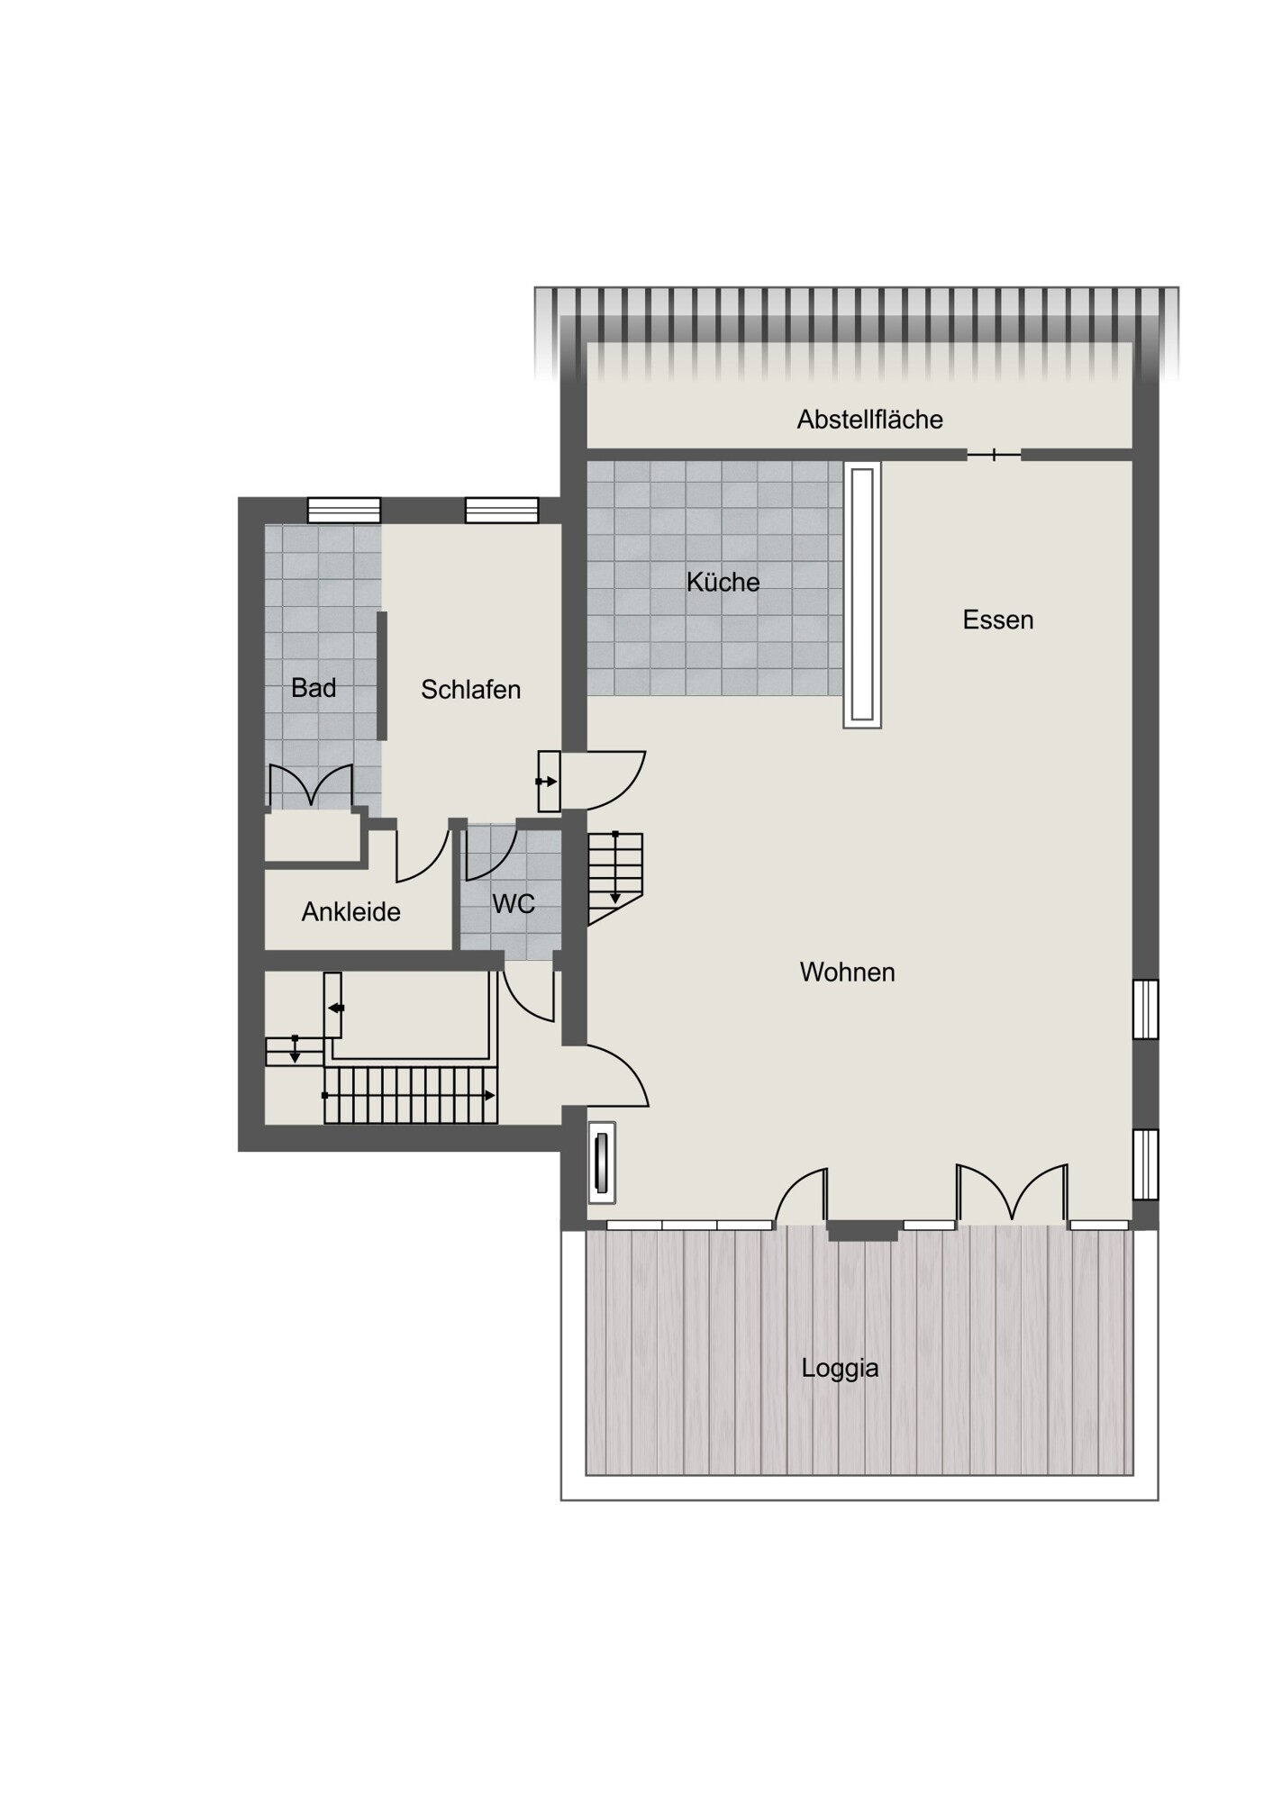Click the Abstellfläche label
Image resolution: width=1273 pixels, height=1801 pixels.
pos(869,420)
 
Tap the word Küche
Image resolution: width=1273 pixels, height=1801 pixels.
pos(723,582)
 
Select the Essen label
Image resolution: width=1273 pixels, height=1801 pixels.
pos(997,620)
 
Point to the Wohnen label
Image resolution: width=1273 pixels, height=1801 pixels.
pos(847,972)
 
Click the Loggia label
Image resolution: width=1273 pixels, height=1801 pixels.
pos(840,1369)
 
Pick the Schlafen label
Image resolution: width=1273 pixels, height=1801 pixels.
pos(470,690)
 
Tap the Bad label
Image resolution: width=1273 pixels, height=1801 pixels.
pos(314,688)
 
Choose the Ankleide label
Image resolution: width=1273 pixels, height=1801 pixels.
pos(350,912)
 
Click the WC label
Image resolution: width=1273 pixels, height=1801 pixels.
pos(514,903)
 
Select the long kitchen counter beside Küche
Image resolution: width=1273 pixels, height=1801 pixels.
pos(862,595)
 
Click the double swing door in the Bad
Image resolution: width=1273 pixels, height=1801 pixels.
pos(311,785)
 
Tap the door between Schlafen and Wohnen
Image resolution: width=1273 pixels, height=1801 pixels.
pos(602,780)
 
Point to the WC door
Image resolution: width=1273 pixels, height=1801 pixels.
pos(490,852)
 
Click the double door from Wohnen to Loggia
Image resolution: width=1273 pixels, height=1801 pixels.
pos(1012,1192)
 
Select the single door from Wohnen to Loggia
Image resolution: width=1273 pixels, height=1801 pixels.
pos(801,1196)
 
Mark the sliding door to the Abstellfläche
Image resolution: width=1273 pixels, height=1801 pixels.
pos(994,455)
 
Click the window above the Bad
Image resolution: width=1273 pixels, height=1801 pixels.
pos(344,511)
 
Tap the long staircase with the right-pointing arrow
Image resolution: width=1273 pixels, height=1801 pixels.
pos(410,1095)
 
